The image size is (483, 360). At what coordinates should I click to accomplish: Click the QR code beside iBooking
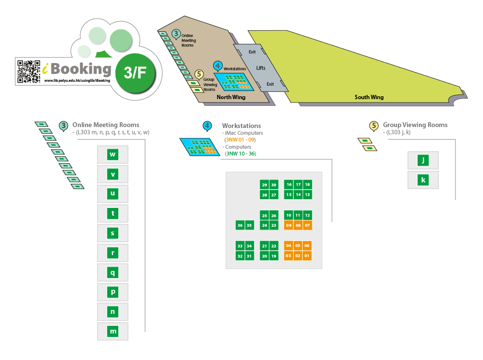pyautogui.click(x=29, y=72)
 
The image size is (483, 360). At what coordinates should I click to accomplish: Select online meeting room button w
pyautogui.click(x=113, y=154)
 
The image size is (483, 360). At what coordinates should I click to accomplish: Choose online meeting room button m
pyautogui.click(x=113, y=331)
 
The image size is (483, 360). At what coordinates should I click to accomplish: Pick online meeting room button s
pyautogui.click(x=113, y=233)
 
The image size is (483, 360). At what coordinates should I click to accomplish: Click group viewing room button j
pyautogui.click(x=423, y=160)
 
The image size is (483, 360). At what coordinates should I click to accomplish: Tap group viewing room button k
pyautogui.click(x=423, y=180)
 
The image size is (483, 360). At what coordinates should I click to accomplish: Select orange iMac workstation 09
pyautogui.click(x=289, y=225)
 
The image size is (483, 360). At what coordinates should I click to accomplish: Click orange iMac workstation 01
pyautogui.click(x=307, y=256)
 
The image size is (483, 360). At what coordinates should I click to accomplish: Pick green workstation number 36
pyautogui.click(x=240, y=225)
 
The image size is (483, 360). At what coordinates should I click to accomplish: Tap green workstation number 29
pyautogui.click(x=264, y=185)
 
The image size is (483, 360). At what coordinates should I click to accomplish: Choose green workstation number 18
pyautogui.click(x=307, y=185)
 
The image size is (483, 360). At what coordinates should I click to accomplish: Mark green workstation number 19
pyautogui.click(x=274, y=256)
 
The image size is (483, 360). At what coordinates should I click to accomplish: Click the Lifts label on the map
pyautogui.click(x=261, y=68)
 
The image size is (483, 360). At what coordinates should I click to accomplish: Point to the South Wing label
pyautogui.click(x=369, y=97)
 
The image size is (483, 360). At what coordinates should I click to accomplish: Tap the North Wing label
pyautogui.click(x=231, y=97)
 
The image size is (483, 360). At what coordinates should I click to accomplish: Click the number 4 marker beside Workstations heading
pyautogui.click(x=207, y=126)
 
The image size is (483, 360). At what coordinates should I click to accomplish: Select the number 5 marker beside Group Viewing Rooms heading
pyautogui.click(x=374, y=126)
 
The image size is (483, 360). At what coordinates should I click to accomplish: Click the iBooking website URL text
pyautogui.click(x=77, y=80)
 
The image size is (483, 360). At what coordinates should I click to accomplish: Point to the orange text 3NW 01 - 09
pyautogui.click(x=240, y=140)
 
